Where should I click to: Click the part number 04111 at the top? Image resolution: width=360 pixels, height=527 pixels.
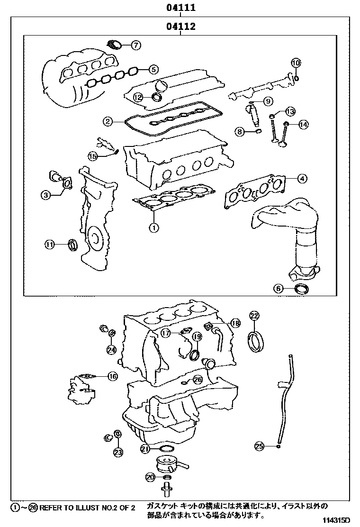pyautogui.click(x=180, y=8)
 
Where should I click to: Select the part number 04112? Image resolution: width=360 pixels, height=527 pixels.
pyautogui.click(x=180, y=27)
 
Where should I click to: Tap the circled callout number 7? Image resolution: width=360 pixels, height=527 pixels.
pyautogui.click(x=135, y=45)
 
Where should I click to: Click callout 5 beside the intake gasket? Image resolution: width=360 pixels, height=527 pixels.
pyautogui.click(x=153, y=69)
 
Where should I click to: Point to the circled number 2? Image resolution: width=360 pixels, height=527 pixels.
pyautogui.click(x=108, y=122)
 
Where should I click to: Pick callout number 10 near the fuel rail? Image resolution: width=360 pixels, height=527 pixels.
pyautogui.click(x=296, y=63)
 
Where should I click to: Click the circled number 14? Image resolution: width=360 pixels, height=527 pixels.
pyautogui.click(x=303, y=125)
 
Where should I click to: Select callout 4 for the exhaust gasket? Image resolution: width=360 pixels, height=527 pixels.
pyautogui.click(x=302, y=179)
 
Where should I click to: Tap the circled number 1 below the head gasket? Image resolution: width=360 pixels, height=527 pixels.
pyautogui.click(x=153, y=227)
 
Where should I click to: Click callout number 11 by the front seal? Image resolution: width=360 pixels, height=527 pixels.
pyautogui.click(x=50, y=245)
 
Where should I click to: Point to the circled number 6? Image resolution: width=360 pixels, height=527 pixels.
pyautogui.click(x=279, y=288)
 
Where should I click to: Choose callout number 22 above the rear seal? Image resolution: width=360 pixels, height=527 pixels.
pyautogui.click(x=254, y=316)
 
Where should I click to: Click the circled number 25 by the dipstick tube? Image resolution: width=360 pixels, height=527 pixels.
pyautogui.click(x=259, y=445)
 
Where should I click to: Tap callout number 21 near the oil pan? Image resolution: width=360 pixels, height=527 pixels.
pyautogui.click(x=145, y=448)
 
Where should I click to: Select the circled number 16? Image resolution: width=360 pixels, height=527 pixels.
pyautogui.click(x=112, y=377)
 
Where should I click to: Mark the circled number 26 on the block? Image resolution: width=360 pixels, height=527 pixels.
pyautogui.click(x=198, y=380)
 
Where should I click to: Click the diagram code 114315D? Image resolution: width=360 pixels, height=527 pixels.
pyautogui.click(x=340, y=520)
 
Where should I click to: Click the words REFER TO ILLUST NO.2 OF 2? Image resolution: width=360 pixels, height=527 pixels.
pyautogui.click(x=87, y=508)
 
